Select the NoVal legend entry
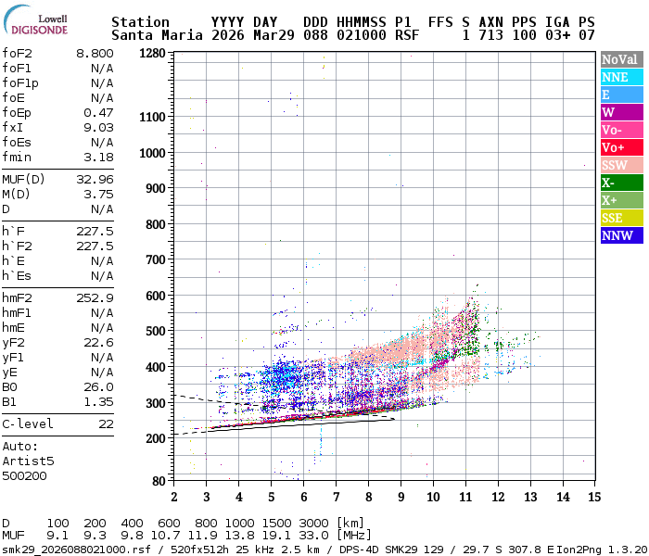(619, 60)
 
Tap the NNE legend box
(619, 78)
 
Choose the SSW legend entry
(619, 166)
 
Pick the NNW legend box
(619, 235)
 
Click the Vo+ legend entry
(619, 148)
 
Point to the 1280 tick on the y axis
(153, 53)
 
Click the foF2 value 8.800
(95, 54)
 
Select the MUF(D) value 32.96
(95, 179)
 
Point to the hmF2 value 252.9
(95, 298)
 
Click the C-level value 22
(106, 423)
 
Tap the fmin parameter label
(17, 157)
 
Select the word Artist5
(28, 461)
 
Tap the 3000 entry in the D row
(313, 524)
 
